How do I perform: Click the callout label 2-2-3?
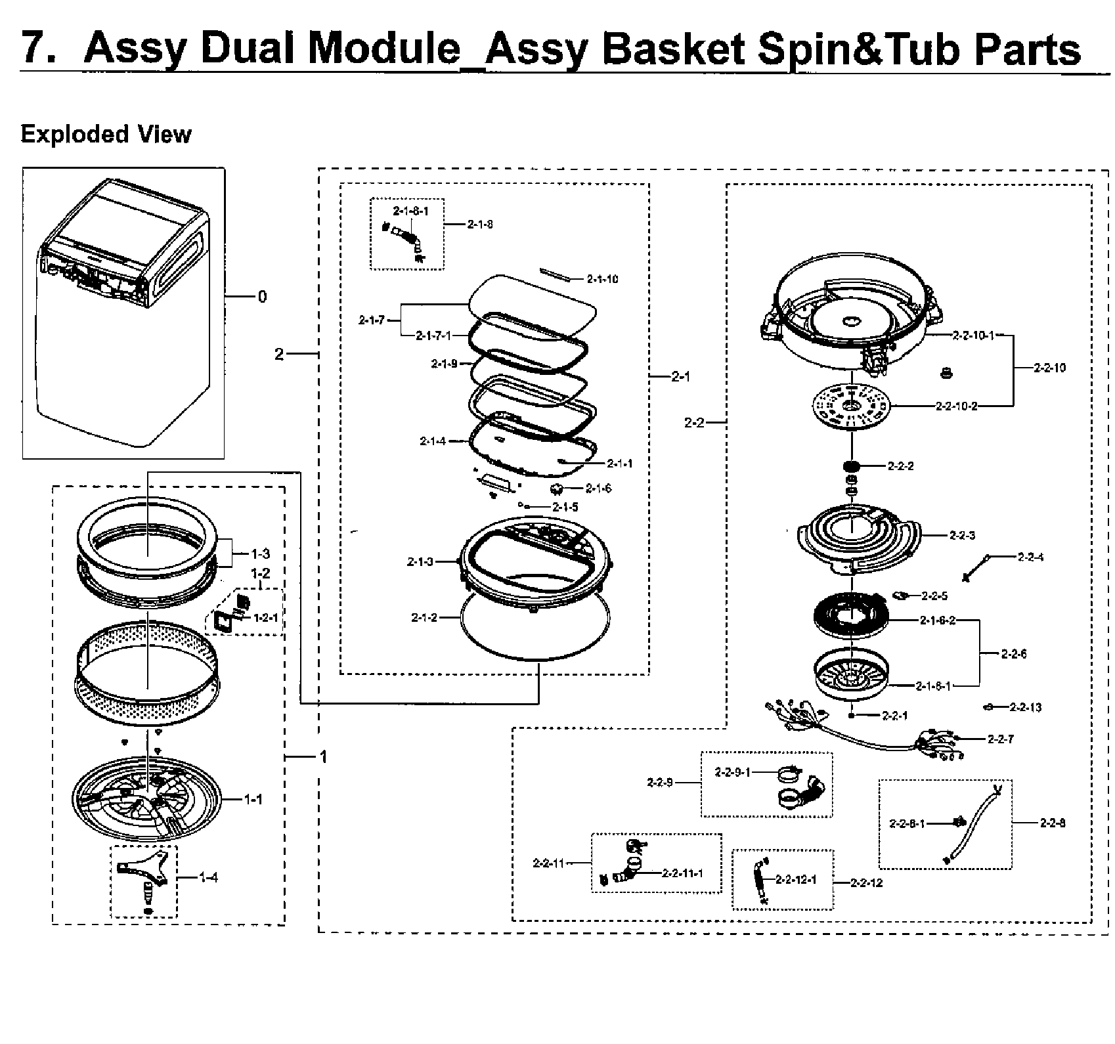point(962,535)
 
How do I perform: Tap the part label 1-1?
point(253,799)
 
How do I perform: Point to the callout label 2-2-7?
point(1000,739)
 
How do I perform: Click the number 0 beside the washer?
point(263,297)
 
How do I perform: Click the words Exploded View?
point(106,134)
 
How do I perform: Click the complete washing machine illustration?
point(123,309)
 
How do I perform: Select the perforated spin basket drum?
point(147,676)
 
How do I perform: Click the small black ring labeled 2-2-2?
point(851,466)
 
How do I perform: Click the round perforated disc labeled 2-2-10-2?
point(851,407)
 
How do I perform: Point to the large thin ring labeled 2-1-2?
point(535,624)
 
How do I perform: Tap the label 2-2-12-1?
point(796,880)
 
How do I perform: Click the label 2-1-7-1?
point(433,336)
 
